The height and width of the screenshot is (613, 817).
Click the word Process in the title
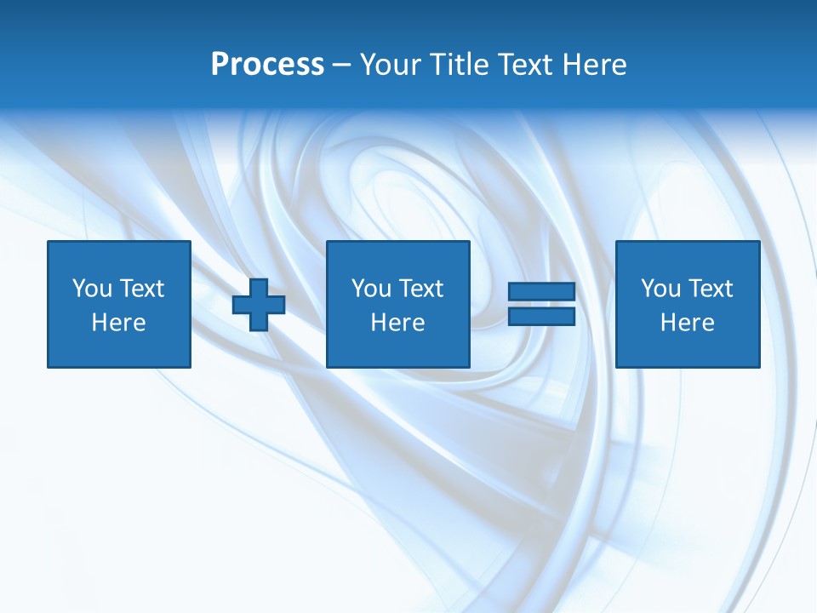[x=267, y=65]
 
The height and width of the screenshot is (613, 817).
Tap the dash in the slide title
[x=342, y=65]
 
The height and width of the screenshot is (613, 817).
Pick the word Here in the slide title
[x=595, y=65]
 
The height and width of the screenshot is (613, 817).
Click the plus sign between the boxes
[x=259, y=304]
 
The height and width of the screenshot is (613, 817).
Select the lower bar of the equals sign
[x=541, y=316]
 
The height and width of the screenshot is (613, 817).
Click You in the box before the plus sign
[x=92, y=289]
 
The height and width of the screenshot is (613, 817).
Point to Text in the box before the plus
[x=140, y=289]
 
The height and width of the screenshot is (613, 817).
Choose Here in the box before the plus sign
[x=118, y=323]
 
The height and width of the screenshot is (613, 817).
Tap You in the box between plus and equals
[x=371, y=289]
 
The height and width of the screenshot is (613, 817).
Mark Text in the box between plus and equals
[x=420, y=289]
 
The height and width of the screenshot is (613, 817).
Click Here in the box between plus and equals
[x=397, y=323]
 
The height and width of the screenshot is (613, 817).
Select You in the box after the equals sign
[x=660, y=289]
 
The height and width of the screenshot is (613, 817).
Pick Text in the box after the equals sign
[x=709, y=289]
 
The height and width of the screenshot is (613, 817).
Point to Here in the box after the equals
[x=687, y=323]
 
